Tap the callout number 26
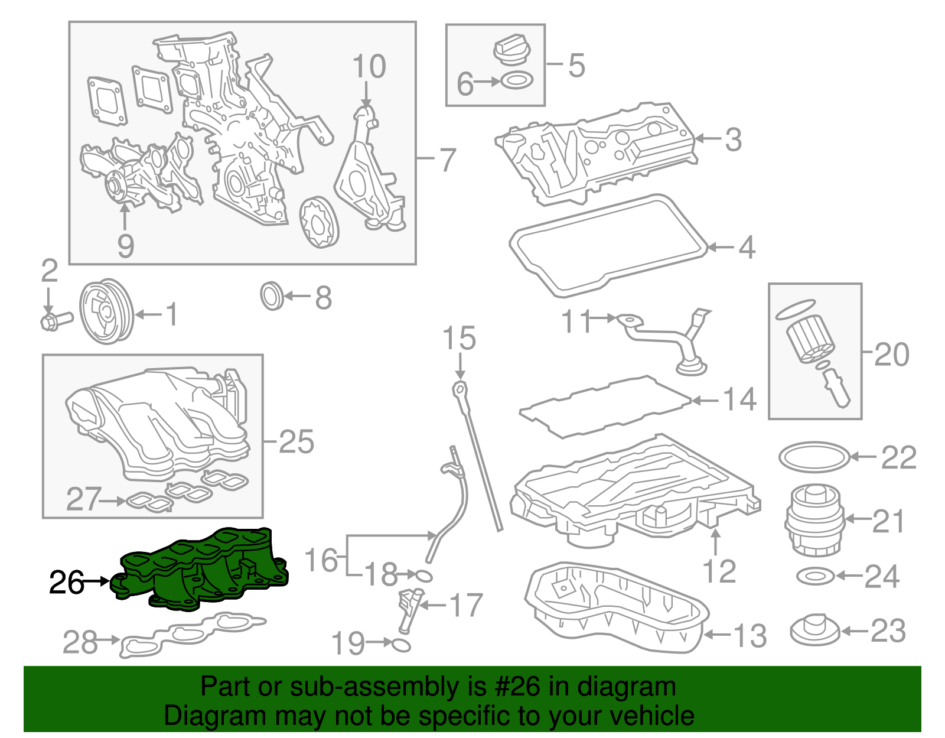tap(66, 583)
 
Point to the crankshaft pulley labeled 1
tap(107, 312)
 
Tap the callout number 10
tap(369, 66)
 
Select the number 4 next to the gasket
tap(747, 247)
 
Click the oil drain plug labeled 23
tap(815, 631)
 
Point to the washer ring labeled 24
tap(815, 576)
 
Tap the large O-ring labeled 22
tap(814, 457)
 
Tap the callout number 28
tap(80, 642)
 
